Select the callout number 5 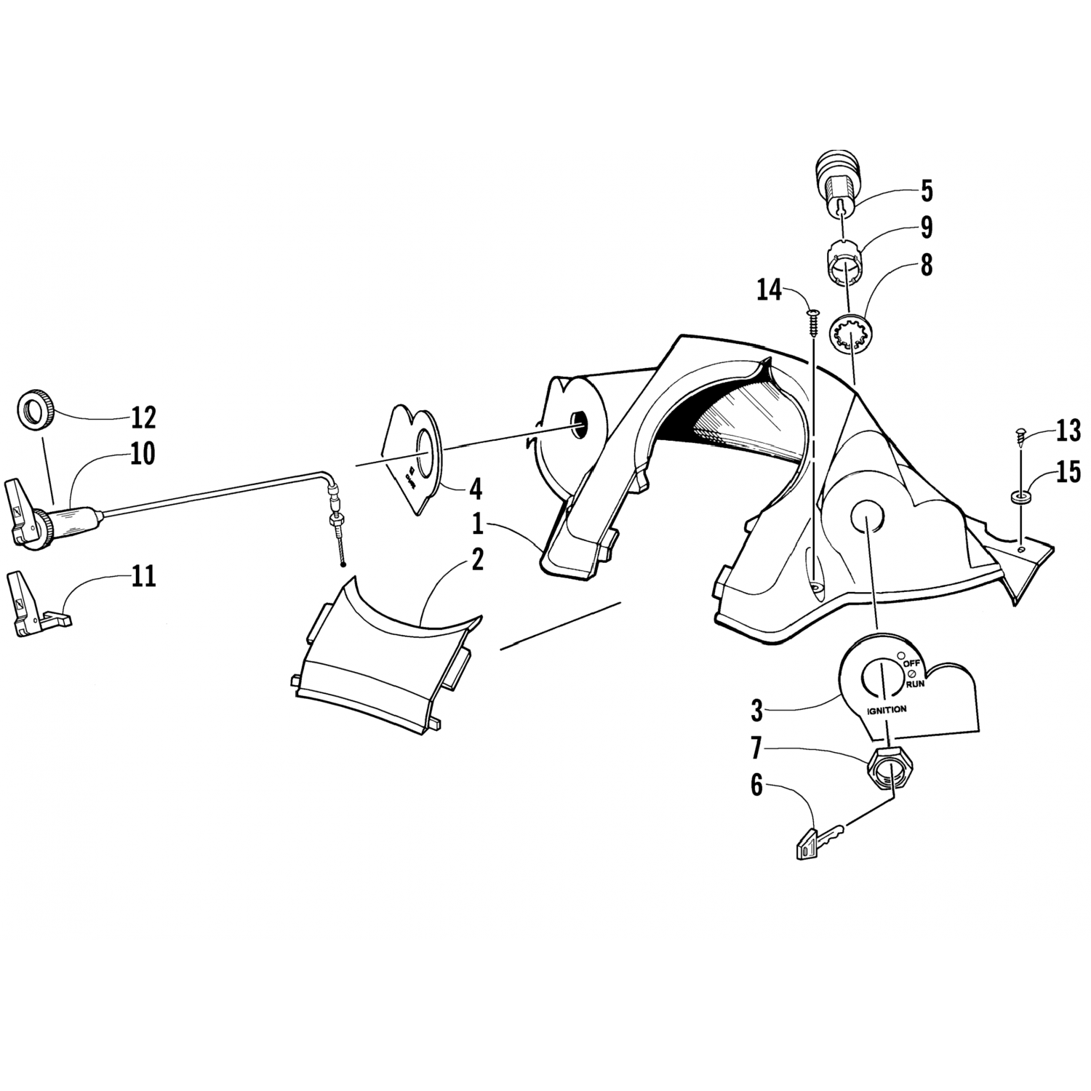tap(926, 191)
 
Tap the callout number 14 tap(769, 290)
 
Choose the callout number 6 tap(756, 786)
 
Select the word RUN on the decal tap(915, 684)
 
